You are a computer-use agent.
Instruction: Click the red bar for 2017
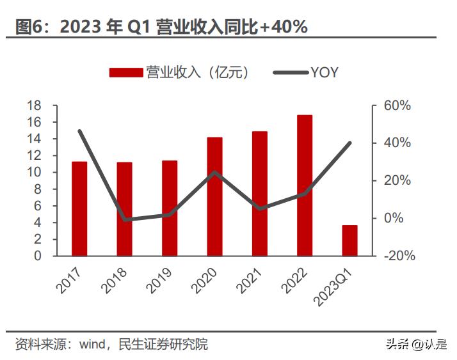point(79,208)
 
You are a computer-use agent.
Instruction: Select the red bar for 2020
point(214,196)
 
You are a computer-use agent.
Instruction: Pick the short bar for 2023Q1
point(349,240)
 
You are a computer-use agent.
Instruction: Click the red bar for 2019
point(170,208)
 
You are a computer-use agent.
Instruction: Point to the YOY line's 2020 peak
point(214,172)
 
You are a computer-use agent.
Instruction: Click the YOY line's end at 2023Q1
point(350,143)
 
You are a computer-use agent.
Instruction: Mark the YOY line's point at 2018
point(125,219)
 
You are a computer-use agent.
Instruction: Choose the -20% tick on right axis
point(399,256)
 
